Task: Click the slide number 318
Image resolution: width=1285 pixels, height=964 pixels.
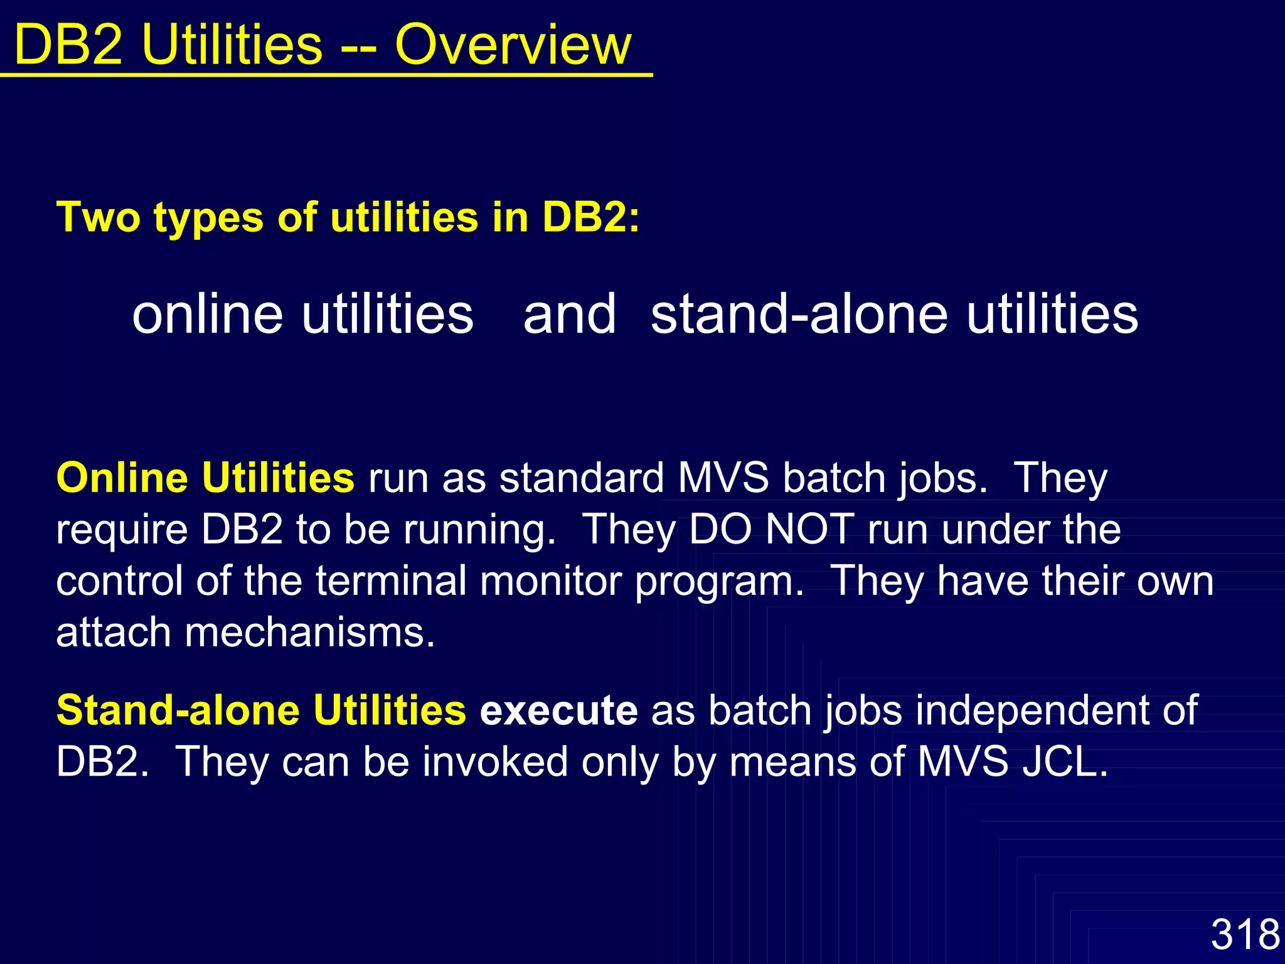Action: click(x=1245, y=934)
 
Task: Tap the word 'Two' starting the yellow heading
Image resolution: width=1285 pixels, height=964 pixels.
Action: click(x=98, y=217)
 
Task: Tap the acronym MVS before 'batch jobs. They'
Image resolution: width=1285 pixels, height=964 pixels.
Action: click(x=723, y=478)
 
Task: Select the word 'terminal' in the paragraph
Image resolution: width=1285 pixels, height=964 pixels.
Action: click(x=391, y=581)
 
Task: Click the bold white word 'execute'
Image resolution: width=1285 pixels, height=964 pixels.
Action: click(x=558, y=710)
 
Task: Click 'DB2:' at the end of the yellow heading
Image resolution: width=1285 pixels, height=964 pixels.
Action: click(x=590, y=217)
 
